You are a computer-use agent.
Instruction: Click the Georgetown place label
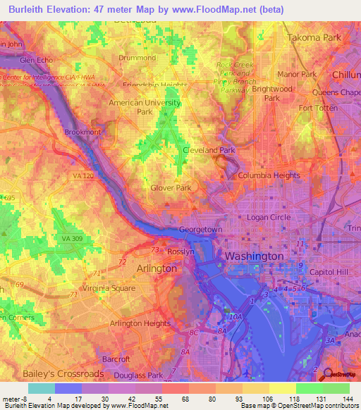coord(201,230)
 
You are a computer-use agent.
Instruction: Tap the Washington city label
coord(254,256)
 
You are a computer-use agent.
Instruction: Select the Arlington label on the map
coord(148,268)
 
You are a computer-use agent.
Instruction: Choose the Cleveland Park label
coord(209,150)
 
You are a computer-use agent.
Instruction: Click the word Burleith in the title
coord(30,10)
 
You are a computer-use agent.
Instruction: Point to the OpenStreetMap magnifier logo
coord(329,375)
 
